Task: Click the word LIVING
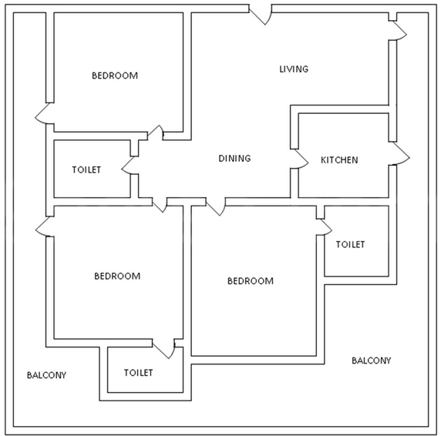[x=294, y=69]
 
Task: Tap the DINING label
[x=234, y=158]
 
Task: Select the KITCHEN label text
[x=339, y=160]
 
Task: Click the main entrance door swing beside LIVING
[x=261, y=15]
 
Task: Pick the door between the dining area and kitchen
[x=300, y=159]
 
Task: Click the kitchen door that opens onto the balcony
[x=399, y=153]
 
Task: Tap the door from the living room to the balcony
[x=398, y=31]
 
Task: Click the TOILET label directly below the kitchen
[x=350, y=244]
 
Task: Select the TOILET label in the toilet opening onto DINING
[x=86, y=169]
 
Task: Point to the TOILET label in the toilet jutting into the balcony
[x=138, y=373]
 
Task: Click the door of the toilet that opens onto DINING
[x=130, y=165]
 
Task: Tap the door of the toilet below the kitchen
[x=324, y=227]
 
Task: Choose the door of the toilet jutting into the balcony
[x=163, y=349]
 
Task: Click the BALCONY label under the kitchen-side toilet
[x=372, y=361]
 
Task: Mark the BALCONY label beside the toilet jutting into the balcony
[x=46, y=375]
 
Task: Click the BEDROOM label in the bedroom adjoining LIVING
[x=115, y=75]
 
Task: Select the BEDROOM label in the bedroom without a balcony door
[x=251, y=280]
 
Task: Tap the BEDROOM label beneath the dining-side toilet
[x=117, y=276]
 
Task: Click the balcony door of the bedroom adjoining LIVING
[x=45, y=113]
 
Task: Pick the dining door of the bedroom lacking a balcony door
[x=216, y=206]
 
